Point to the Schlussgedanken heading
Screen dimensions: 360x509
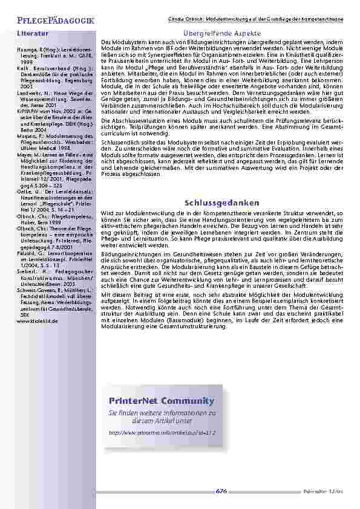222,203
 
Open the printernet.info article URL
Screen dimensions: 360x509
162,433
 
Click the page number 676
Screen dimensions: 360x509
222,491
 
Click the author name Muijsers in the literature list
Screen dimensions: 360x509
27,136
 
